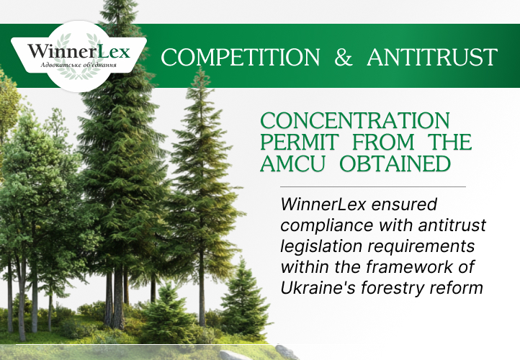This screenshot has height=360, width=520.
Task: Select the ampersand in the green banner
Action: click(344, 58)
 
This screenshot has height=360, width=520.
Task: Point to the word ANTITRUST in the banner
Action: click(432, 57)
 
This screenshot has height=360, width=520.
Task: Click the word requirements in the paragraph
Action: click(418, 247)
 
